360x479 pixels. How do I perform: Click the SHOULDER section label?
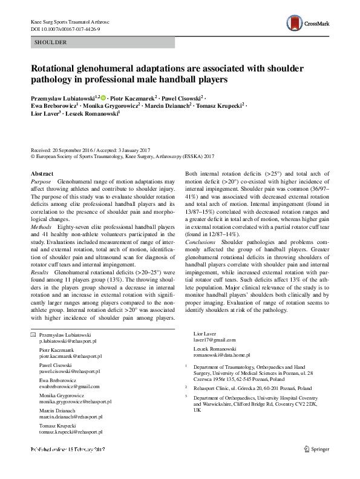pyautogui.click(x=51, y=42)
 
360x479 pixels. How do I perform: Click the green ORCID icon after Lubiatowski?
pyautogui.click(x=103, y=97)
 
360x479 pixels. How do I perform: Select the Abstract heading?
pyautogui.click(x=42, y=174)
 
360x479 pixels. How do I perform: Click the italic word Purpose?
pyautogui.click(x=41, y=182)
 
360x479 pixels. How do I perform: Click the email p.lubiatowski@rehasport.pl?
pyautogui.click(x=71, y=342)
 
